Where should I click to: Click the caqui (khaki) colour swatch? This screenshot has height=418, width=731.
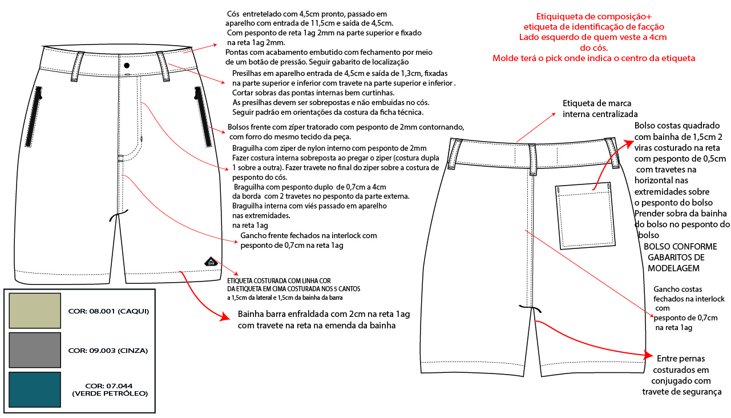[x=35, y=310]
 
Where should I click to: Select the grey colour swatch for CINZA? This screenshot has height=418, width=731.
[x=35, y=349]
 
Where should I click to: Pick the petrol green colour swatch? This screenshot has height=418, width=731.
[x=35, y=389]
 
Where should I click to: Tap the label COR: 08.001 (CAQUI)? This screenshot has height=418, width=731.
[x=108, y=311]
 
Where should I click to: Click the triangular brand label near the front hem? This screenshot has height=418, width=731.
[x=211, y=262]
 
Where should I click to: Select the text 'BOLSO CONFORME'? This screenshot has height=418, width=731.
[x=680, y=246]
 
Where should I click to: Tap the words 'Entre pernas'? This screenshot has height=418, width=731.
[x=681, y=359]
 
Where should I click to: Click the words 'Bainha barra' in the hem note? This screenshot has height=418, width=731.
[x=262, y=315]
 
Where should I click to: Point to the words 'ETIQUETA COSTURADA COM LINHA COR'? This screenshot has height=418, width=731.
[x=279, y=281]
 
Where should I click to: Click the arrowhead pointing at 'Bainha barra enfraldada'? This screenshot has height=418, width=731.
[x=226, y=317]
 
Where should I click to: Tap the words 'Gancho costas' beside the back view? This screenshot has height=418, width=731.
[x=678, y=289]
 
